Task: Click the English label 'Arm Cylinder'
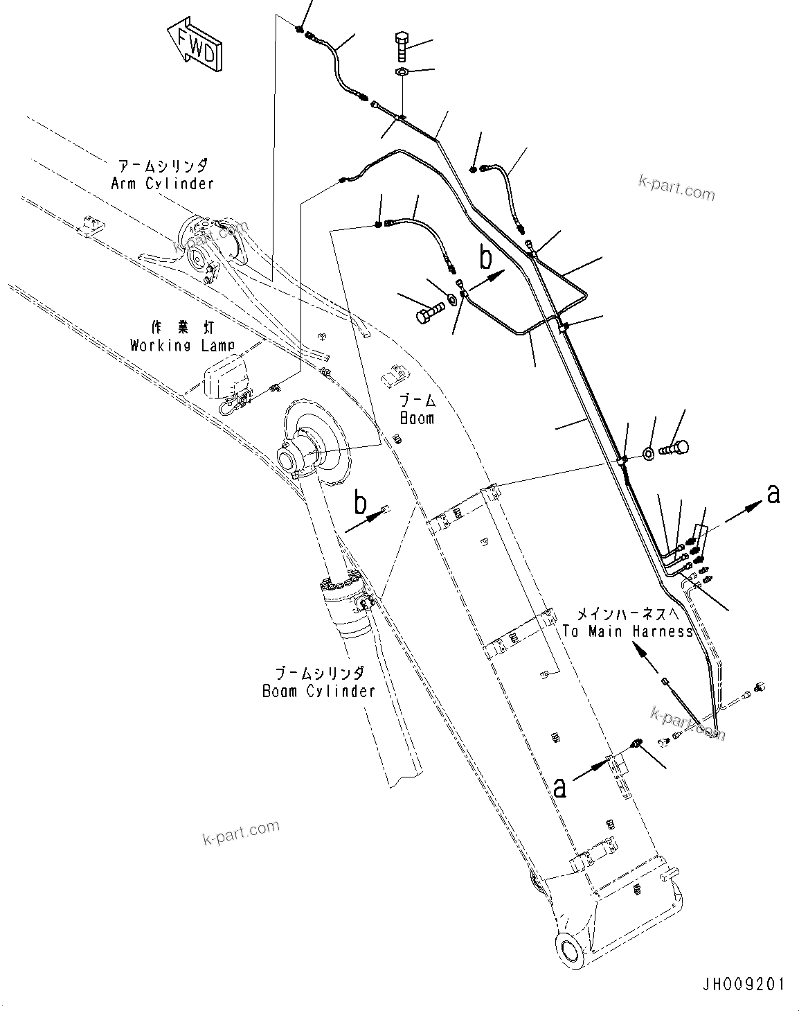[162, 184]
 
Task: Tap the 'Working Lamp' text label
[182, 344]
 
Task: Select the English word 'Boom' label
[417, 418]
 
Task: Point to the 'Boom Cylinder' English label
[318, 691]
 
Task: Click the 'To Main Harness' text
[627, 631]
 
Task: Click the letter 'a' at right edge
[773, 493]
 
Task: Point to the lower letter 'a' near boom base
[560, 786]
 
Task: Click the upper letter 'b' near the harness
[486, 258]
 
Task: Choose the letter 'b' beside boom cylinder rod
[360, 503]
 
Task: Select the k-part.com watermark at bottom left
[241, 832]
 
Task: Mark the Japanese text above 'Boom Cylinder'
[318, 673]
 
